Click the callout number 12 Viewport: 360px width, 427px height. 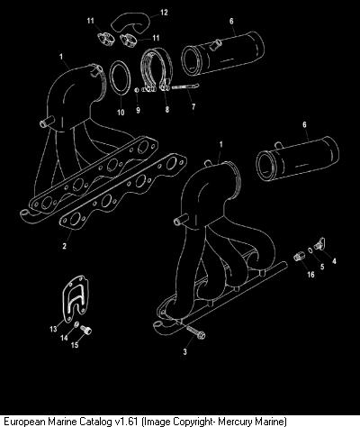(164, 13)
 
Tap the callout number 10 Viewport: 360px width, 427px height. (121, 113)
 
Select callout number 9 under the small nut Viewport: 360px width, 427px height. (138, 110)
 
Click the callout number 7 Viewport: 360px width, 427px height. (193, 106)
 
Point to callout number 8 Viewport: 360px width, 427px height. (167, 109)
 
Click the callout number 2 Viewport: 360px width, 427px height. (65, 246)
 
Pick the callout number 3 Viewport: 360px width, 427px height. (185, 351)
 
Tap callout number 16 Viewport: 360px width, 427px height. (310, 274)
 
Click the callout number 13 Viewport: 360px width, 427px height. (53, 329)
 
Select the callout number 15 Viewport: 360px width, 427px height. (75, 345)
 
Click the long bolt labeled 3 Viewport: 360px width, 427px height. (195, 332)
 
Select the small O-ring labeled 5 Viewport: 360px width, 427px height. (311, 250)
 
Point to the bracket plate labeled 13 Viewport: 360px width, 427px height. (76, 298)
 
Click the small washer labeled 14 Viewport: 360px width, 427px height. (76, 324)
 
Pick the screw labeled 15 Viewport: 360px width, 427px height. (86, 330)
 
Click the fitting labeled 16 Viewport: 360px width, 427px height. (299, 257)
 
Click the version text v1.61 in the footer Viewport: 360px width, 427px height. (126, 421)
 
